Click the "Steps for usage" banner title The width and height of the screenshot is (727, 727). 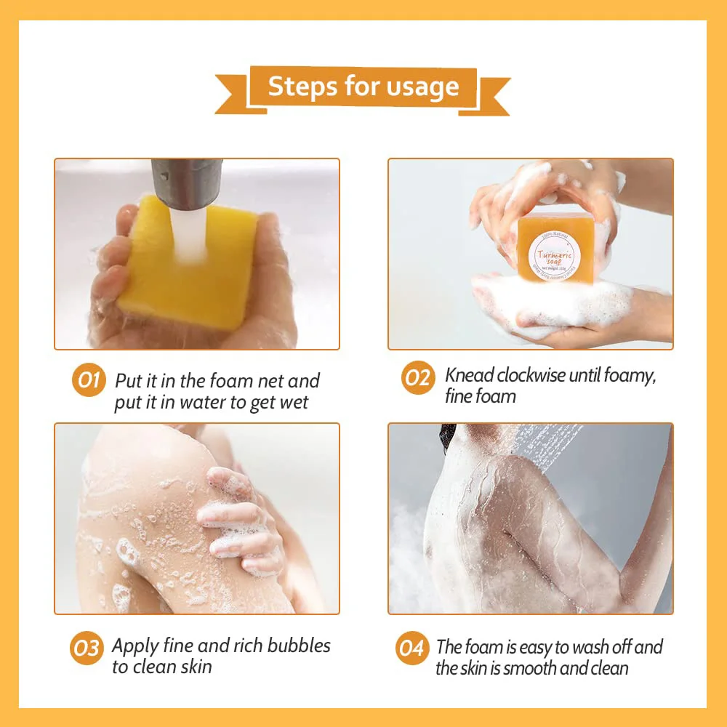point(363,87)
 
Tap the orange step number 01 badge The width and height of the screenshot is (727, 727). point(89,380)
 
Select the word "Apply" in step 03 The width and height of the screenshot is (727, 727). point(134,646)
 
